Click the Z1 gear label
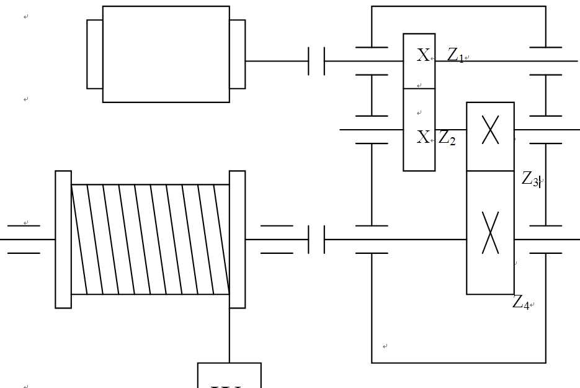(455, 56)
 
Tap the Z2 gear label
(447, 138)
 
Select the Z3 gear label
(530, 179)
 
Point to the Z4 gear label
(520, 303)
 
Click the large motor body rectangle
(166, 54)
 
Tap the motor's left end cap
(94, 54)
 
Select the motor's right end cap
(237, 54)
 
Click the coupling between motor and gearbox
(316, 61)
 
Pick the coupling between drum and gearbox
(316, 239)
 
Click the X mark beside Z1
(423, 56)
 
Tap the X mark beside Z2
(423, 137)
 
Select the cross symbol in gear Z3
(490, 130)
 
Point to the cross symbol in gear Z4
(490, 233)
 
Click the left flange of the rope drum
(63, 239)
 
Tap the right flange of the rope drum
(237, 239)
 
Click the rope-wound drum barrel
(150, 239)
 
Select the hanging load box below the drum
(229, 376)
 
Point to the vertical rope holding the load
(230, 335)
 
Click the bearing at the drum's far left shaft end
(24, 239)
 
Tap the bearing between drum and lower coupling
(277, 239)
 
